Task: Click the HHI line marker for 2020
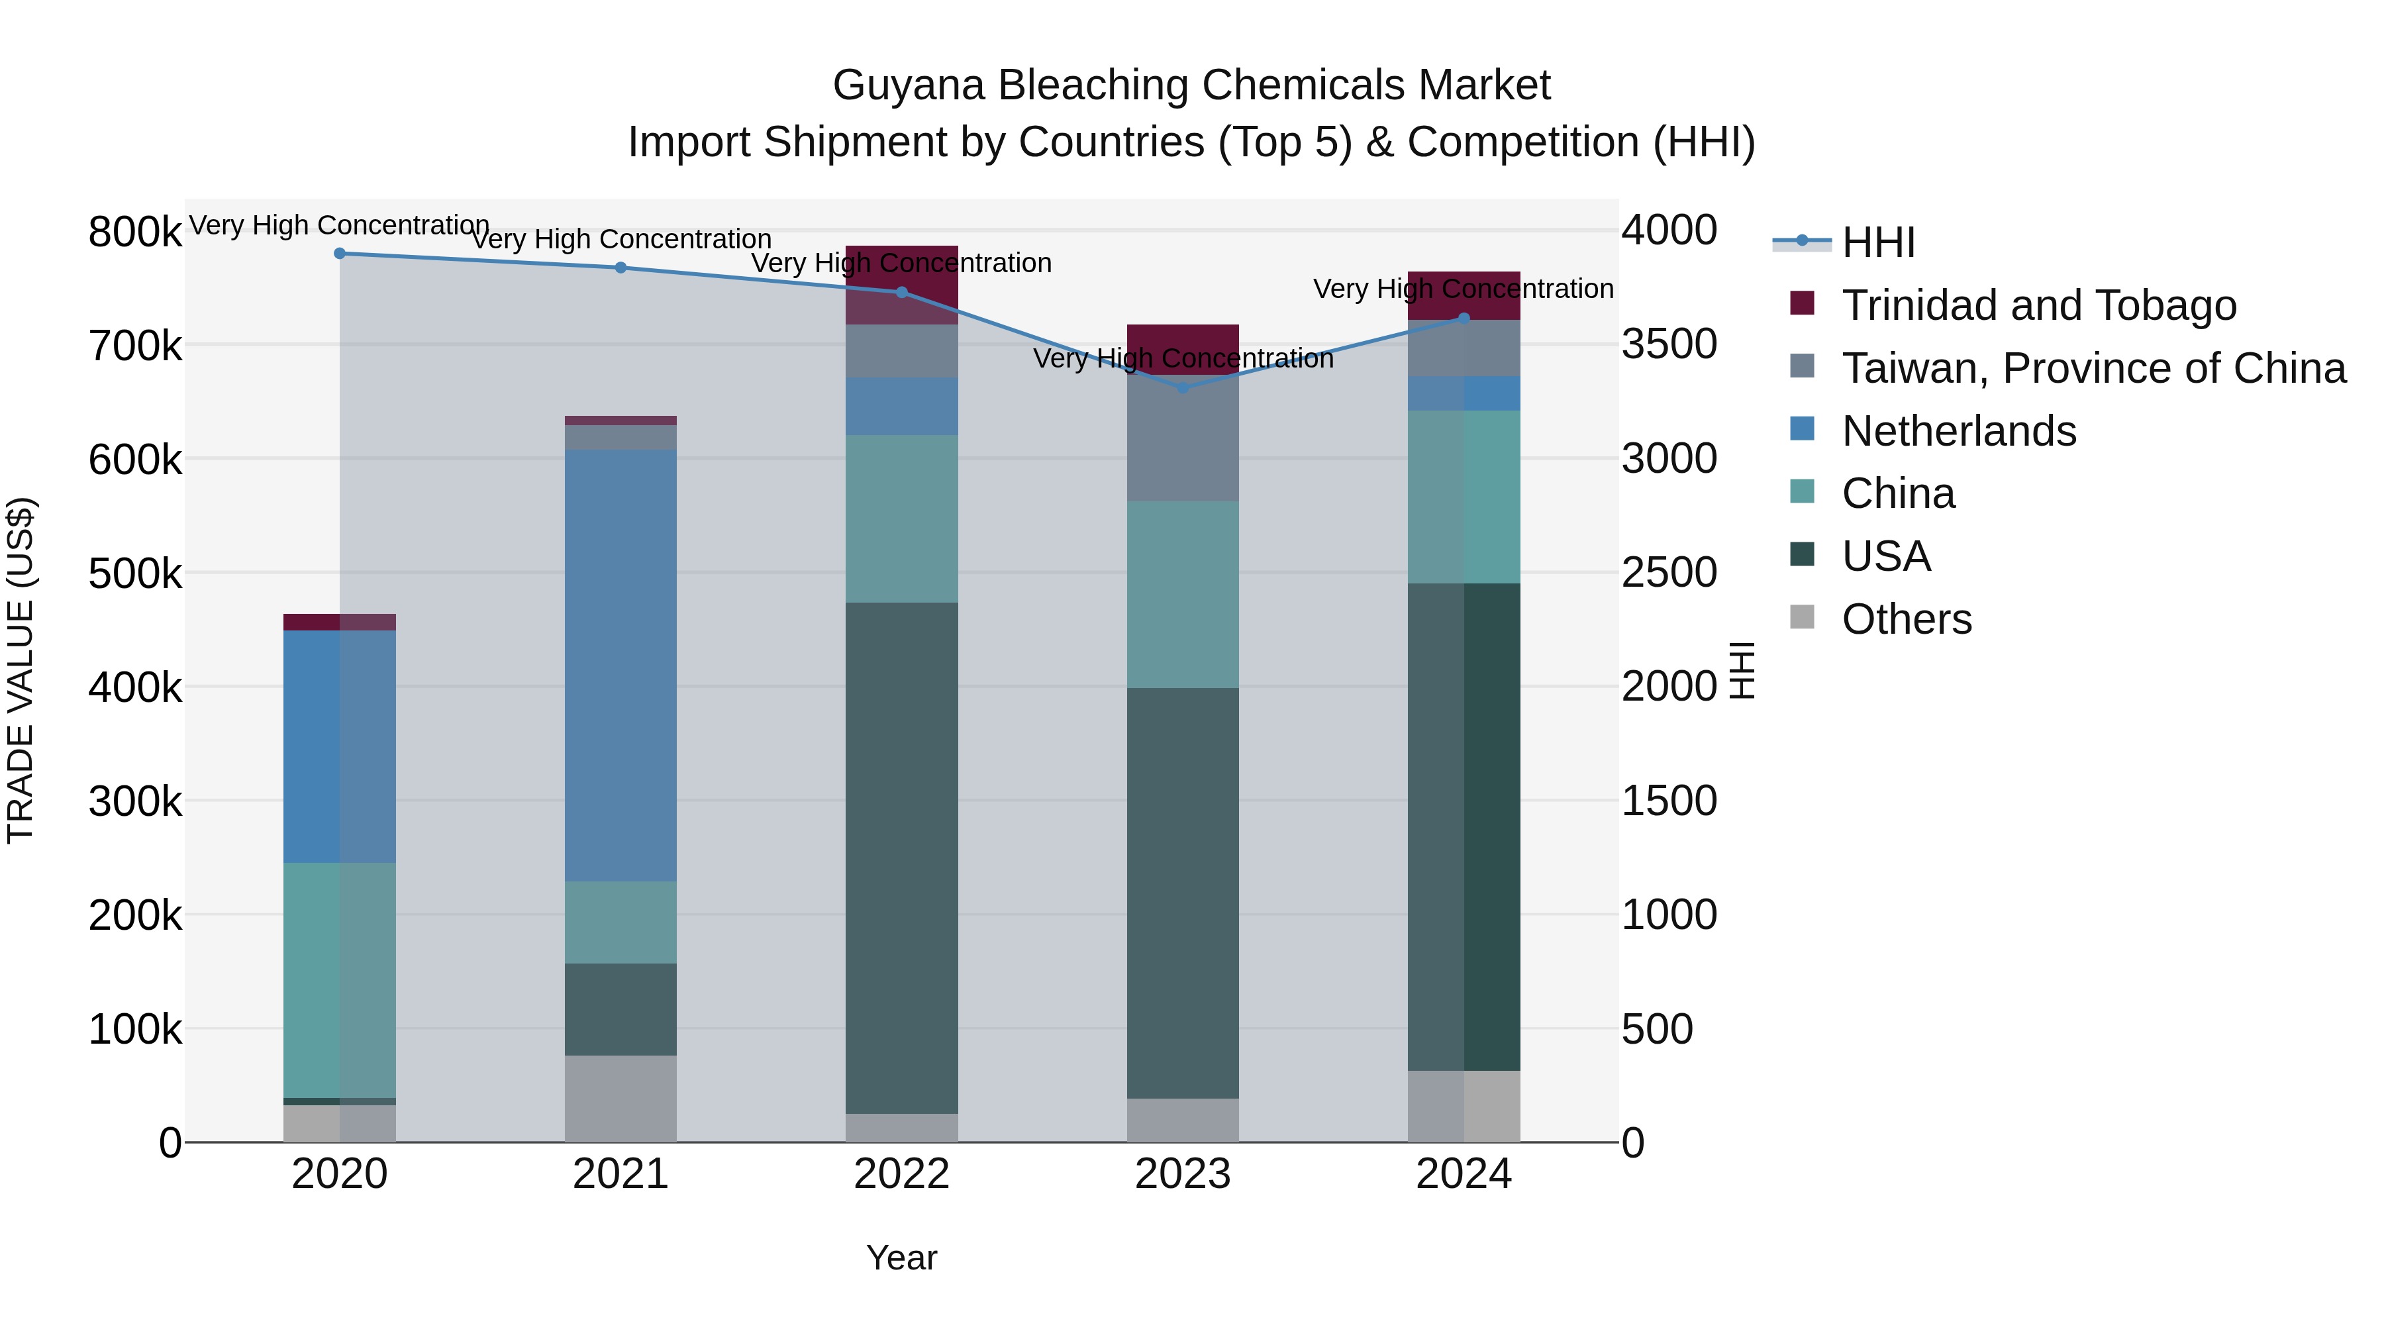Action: (340, 254)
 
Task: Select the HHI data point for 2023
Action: (1183, 388)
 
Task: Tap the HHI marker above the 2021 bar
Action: (621, 268)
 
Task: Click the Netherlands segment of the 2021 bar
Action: (621, 666)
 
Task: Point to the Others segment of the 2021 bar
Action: (621, 1099)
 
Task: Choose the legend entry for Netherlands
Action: (1958, 431)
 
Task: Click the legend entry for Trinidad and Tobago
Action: (2038, 305)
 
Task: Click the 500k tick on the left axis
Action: (135, 573)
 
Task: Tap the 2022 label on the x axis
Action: (901, 1174)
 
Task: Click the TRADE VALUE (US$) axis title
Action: (21, 670)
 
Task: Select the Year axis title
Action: (901, 1258)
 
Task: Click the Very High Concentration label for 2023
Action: (1183, 358)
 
